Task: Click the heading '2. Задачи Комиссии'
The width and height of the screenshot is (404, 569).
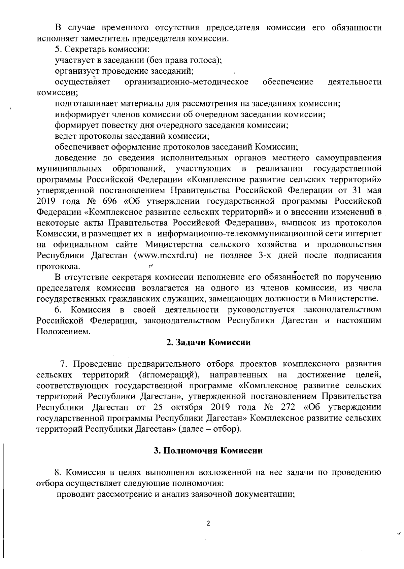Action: click(209, 342)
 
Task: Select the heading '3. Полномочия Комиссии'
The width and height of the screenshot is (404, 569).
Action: click(208, 451)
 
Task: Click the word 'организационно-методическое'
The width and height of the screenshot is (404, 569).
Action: click(186, 82)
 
